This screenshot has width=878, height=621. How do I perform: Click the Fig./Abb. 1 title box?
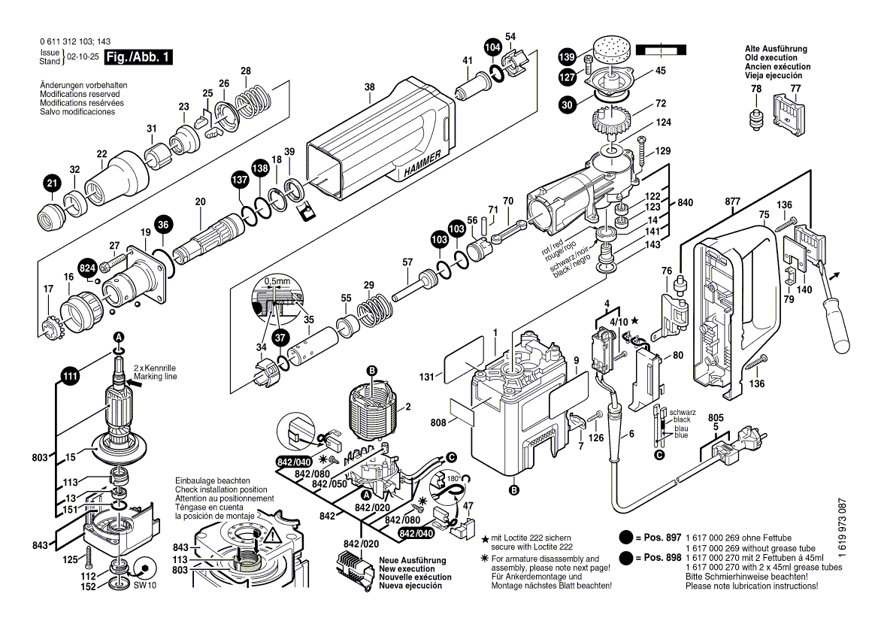click(138, 57)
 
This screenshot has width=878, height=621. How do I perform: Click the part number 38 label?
click(369, 87)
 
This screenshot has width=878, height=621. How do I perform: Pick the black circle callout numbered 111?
click(70, 377)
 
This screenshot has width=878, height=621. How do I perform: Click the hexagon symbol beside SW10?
click(144, 568)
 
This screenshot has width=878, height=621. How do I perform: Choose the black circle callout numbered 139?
click(567, 57)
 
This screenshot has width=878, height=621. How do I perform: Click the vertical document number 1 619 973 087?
click(861, 535)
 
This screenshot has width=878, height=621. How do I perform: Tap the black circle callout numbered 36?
click(164, 223)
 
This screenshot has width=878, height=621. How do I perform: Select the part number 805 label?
click(716, 418)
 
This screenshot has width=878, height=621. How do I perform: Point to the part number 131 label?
click(427, 377)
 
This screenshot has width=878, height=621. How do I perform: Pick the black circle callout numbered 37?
click(280, 338)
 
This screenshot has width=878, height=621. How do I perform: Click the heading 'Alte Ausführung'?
click(777, 49)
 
